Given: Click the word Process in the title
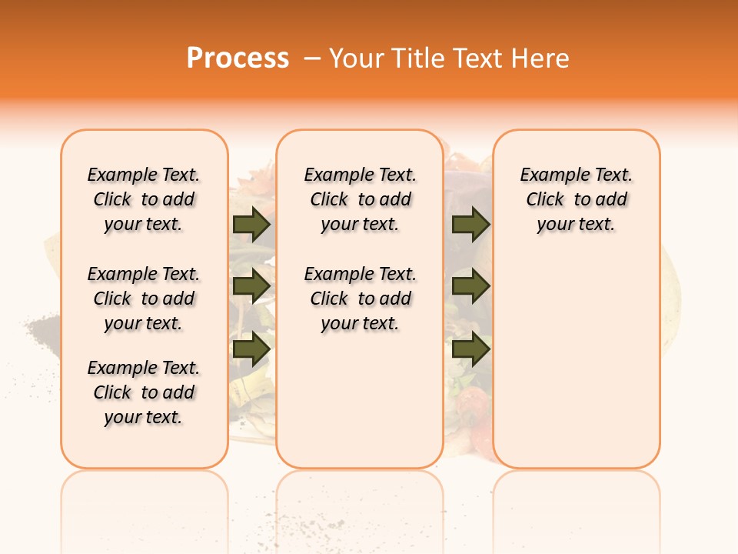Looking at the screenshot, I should (x=238, y=58).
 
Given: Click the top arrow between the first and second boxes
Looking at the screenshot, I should (x=251, y=225).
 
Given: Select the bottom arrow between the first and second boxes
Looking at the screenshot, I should (x=251, y=349).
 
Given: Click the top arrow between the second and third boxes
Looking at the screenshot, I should (x=470, y=225).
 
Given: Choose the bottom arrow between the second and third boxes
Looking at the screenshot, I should (x=470, y=349).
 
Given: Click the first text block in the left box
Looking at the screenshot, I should (x=144, y=199).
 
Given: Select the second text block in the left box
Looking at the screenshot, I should (x=144, y=299).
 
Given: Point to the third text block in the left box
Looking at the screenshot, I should (x=144, y=392).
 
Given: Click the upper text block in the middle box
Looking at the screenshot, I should (x=360, y=199).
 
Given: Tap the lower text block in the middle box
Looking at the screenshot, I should (x=360, y=299).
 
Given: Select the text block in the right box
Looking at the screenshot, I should (x=577, y=199).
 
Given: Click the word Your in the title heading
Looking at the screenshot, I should (x=356, y=58).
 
